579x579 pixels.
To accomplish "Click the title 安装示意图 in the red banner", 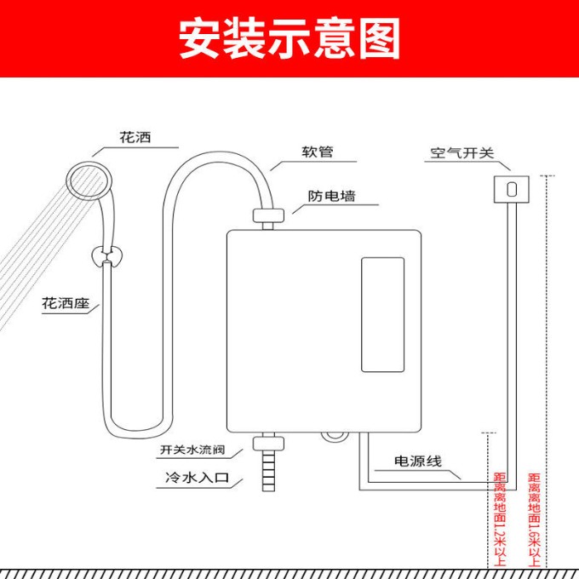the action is point(289,38).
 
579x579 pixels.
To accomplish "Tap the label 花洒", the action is point(135,137).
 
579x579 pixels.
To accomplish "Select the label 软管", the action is point(318,152).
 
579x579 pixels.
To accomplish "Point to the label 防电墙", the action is point(331,196).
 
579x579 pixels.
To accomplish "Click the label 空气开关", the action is point(462,152).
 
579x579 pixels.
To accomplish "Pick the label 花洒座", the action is point(66,303).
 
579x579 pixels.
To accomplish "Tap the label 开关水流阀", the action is point(192,450).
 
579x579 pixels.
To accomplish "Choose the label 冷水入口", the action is point(198,478).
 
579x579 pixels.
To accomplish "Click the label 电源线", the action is point(417,461).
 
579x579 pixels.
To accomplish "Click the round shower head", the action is point(89,181).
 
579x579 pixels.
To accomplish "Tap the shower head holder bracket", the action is point(106,256).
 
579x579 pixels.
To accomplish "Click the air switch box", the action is point(512,189).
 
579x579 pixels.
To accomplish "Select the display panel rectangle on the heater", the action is point(382,314).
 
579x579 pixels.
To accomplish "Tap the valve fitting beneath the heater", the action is point(268,443).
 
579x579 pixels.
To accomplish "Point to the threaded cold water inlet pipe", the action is point(268,471).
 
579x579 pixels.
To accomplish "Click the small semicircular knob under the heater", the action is point(334,437).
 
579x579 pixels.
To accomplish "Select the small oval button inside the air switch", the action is point(512,189).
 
